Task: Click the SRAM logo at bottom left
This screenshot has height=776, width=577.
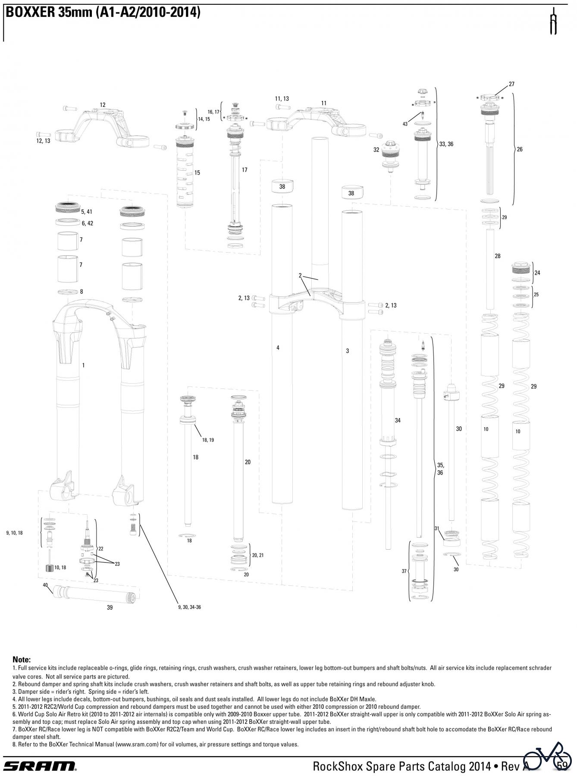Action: pos(40,766)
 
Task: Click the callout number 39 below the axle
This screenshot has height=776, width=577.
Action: pos(110,607)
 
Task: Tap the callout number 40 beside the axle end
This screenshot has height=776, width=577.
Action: pos(45,585)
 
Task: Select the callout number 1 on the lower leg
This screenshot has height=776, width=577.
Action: pos(83,365)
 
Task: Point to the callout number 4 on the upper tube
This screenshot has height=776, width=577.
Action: pos(278,347)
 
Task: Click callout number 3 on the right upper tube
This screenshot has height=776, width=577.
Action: pos(347,351)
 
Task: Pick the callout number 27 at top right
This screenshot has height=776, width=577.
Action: pos(511,84)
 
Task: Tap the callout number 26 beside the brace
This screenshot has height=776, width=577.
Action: pos(520,149)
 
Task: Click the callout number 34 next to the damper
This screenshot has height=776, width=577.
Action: pos(397,420)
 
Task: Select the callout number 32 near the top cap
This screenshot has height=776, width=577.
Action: pos(376,150)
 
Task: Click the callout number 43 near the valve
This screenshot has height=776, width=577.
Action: pos(405,124)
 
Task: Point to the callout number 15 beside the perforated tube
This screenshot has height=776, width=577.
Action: pos(197,173)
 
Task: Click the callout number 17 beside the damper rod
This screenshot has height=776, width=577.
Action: pos(245,170)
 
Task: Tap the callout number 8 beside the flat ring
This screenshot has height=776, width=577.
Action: pos(82,291)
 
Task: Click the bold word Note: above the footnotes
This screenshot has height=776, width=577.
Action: pos(22,660)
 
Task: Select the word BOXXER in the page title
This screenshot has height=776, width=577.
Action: pos(28,13)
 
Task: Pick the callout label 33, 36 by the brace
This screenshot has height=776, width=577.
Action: pos(446,144)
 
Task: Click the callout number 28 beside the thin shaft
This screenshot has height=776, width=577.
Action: pos(498,256)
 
